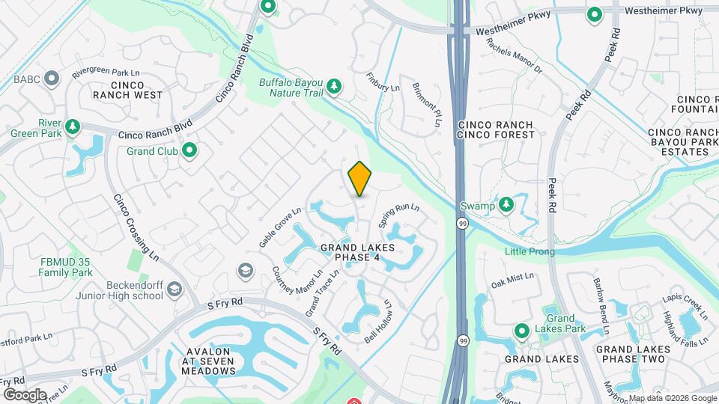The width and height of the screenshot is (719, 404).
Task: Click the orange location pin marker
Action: [360, 178]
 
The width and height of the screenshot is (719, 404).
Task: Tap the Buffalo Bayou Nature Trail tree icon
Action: [335, 88]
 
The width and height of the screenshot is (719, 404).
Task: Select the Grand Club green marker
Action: [190, 150]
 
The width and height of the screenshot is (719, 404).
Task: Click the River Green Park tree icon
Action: [73, 126]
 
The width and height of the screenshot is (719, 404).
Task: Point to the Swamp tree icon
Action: [507, 204]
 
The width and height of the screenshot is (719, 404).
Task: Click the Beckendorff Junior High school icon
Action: [175, 289]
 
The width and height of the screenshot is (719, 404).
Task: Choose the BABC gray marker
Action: [52, 78]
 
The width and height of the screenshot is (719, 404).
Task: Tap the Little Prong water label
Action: [530, 251]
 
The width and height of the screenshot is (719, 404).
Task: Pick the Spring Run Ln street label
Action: [398, 216]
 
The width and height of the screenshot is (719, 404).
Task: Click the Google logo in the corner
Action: [25, 394]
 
